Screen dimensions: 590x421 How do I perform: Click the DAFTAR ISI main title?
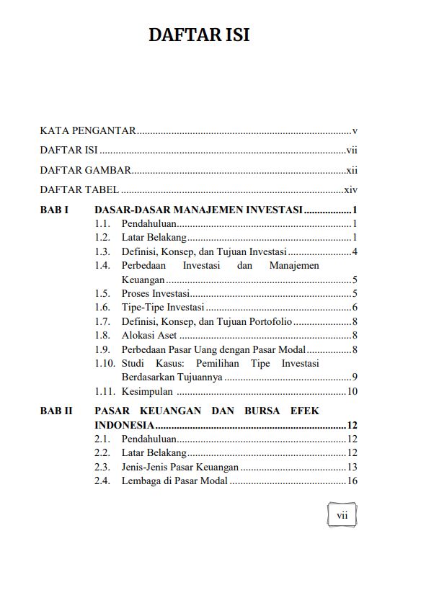click(200, 35)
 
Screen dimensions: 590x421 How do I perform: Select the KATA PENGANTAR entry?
click(88, 131)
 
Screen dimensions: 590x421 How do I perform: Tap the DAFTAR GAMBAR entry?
click(85, 171)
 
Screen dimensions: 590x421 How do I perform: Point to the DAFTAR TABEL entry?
click(79, 191)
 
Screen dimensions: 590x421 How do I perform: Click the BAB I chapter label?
click(54, 210)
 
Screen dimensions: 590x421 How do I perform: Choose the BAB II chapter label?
click(56, 411)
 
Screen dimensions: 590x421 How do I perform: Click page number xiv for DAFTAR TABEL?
click(351, 191)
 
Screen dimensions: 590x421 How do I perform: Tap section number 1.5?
click(102, 293)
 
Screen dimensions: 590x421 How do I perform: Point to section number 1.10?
click(105, 363)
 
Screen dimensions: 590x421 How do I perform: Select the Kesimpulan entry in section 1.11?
click(147, 391)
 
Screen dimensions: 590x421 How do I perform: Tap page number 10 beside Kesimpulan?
click(353, 391)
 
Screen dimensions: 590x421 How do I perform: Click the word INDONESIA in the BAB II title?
click(123, 424)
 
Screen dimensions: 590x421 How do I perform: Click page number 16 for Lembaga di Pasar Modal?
click(353, 481)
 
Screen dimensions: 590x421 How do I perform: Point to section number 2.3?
click(102, 467)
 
